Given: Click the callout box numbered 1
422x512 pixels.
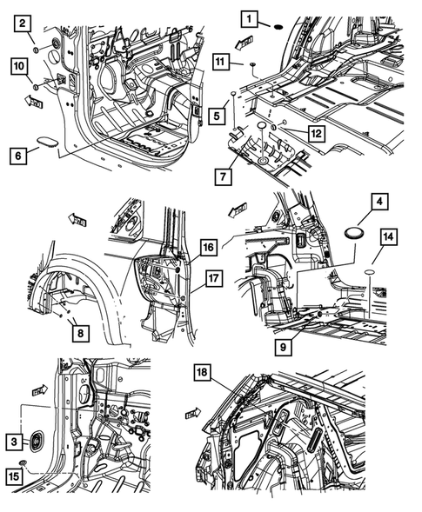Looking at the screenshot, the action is click(x=250, y=18).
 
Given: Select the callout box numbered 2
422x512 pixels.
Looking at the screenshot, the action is click(x=23, y=23).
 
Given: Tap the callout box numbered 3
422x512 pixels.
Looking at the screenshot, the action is click(x=14, y=442).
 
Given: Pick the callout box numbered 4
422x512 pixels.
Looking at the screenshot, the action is click(x=379, y=202).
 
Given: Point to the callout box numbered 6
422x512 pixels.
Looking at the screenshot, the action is click(x=18, y=156).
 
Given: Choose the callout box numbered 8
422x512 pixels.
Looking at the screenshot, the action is click(x=80, y=333).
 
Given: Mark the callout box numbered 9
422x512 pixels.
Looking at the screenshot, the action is click(x=283, y=347).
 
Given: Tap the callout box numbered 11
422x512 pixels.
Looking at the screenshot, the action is click(x=221, y=62).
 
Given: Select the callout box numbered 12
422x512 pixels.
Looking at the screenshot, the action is click(x=317, y=134).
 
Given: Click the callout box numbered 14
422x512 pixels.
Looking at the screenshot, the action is click(x=388, y=236).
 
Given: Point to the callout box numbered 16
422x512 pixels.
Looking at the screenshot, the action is click(x=208, y=248).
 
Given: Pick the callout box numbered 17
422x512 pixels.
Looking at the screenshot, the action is click(x=214, y=278).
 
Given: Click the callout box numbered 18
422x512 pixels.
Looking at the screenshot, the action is click(x=203, y=372).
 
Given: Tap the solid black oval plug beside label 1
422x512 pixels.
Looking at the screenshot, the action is click(x=278, y=27).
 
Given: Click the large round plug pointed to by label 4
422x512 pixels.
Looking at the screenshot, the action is click(x=352, y=233).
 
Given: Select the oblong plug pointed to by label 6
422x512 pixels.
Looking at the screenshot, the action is click(x=46, y=143).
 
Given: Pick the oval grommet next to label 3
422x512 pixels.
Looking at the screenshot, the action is click(x=36, y=442).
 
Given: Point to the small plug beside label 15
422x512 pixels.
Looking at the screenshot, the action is click(x=23, y=462).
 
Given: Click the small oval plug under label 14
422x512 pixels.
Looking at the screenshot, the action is click(x=370, y=272).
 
